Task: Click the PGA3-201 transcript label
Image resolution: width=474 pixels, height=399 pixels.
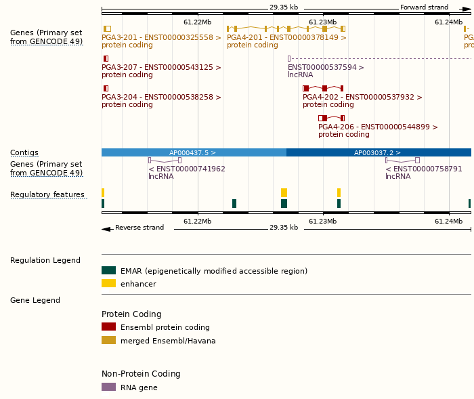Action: [x=161, y=38]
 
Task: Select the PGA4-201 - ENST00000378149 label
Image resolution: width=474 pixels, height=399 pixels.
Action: [x=286, y=38]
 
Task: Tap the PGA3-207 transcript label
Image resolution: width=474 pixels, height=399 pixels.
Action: [x=161, y=68]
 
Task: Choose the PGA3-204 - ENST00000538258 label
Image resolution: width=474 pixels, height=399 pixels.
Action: [x=161, y=98]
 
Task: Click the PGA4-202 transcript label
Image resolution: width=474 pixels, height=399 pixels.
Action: [x=362, y=98]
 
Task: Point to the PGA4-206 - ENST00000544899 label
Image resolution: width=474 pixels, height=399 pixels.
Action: [x=378, y=127]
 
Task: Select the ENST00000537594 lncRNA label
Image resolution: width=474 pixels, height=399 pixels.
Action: [x=326, y=68]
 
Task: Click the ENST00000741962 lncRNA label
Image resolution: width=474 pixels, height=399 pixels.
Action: [x=187, y=169]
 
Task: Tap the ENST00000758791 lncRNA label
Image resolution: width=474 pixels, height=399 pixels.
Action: [x=424, y=169]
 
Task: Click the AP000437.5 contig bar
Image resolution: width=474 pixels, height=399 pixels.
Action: [x=194, y=153]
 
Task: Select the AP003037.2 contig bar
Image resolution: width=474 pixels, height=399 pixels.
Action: [x=379, y=153]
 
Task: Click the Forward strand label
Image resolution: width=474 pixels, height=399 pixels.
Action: [x=424, y=7]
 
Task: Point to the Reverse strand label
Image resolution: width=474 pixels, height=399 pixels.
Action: [x=139, y=228]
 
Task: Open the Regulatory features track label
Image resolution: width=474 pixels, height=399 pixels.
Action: [x=47, y=195]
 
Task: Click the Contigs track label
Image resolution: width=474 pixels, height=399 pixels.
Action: [x=24, y=153]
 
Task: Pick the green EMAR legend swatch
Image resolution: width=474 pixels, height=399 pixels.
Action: [x=108, y=271]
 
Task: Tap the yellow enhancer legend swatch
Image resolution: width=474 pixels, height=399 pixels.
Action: [x=108, y=284]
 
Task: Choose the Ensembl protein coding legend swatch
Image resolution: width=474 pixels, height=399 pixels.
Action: [x=108, y=327]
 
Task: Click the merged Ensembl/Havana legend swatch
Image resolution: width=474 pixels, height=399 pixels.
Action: [x=108, y=341]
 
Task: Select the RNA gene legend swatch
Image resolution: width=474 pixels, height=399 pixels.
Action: [x=108, y=387]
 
